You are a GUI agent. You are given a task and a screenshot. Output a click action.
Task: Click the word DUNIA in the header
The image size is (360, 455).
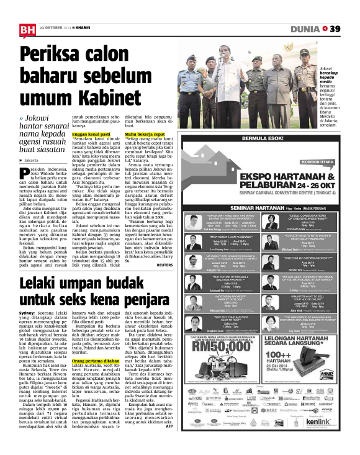click(306, 29)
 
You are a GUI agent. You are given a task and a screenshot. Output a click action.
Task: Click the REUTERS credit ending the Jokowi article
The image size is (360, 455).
click(182, 247)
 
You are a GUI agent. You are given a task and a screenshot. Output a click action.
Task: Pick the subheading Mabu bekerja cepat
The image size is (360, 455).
click(145, 133)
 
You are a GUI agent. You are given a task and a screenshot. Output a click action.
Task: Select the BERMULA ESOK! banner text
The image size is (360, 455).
click(266, 138)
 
